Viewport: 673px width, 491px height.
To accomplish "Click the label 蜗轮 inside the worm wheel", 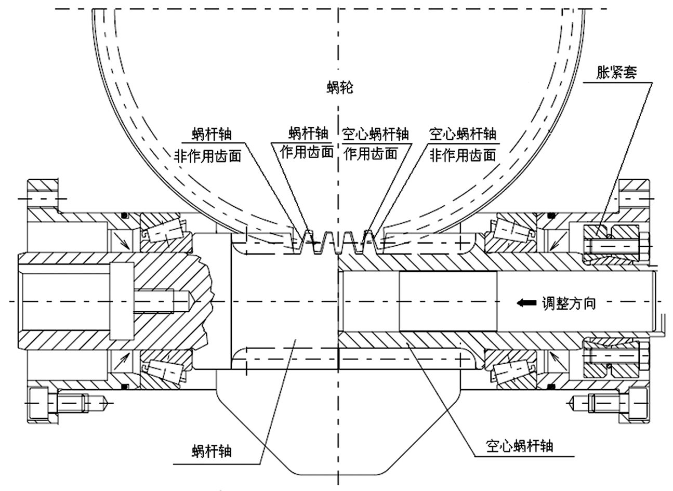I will pos(340,88).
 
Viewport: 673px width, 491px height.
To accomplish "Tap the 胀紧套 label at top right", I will pos(616,72).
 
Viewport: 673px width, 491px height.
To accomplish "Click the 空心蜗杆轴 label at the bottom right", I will pos(520,446).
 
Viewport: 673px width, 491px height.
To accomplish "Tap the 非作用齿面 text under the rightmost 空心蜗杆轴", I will pos(462,154).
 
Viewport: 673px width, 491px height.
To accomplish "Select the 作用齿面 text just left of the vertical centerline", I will pos(307,151).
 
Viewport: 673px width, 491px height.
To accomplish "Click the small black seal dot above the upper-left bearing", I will pos(124,215).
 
